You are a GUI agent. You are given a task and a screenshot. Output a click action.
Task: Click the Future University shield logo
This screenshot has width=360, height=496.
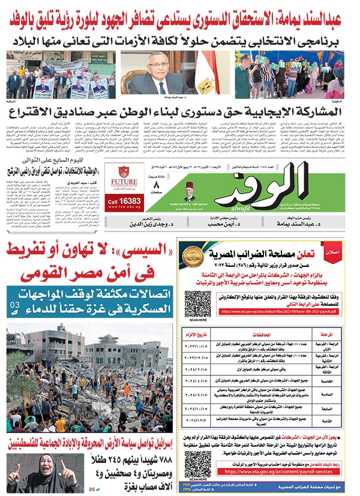(124, 172)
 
